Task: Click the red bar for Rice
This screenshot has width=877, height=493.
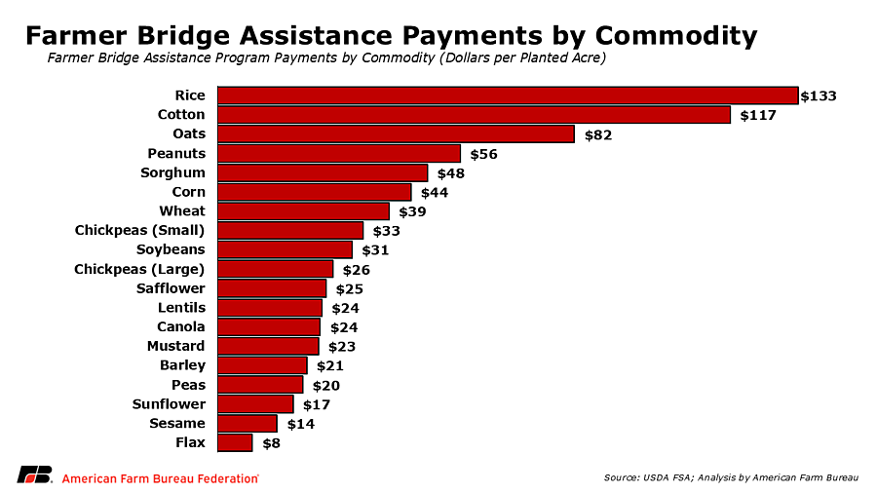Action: (507, 95)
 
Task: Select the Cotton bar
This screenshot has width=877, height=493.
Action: (474, 115)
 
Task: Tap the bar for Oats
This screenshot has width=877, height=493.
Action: (396, 134)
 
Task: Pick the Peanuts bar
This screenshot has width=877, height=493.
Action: (338, 154)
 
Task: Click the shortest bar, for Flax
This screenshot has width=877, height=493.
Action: (235, 442)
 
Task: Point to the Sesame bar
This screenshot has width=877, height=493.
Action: (248, 424)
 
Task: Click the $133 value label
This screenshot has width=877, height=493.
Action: (819, 95)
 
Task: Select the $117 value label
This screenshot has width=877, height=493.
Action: (758, 115)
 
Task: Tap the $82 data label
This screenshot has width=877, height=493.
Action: (598, 134)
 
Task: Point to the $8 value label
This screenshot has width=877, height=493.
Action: (272, 442)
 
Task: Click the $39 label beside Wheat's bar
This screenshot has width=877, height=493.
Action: (413, 211)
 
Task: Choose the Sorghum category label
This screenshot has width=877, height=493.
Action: (172, 172)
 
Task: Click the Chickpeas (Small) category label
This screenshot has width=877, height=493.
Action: (139, 230)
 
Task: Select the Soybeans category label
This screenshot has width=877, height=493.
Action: (171, 249)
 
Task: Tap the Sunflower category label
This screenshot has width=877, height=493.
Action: (169, 403)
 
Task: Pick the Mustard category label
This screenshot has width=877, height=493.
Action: (175, 346)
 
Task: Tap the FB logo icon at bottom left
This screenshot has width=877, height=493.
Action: (34, 475)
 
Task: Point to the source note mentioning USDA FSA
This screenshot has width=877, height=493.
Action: (731, 476)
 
